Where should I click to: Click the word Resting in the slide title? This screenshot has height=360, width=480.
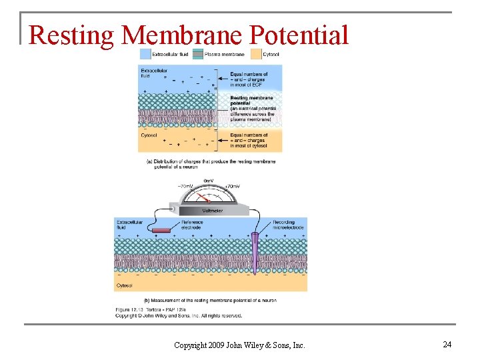point(72,35)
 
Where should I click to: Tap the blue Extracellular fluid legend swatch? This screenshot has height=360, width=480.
point(144,53)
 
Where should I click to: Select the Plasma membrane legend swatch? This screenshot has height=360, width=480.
point(199,53)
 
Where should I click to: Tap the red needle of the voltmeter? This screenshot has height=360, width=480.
point(207,198)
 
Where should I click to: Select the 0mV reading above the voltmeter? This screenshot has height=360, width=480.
point(208,181)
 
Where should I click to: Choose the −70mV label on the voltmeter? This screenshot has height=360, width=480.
point(185,187)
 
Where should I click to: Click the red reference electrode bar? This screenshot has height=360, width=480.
point(161,230)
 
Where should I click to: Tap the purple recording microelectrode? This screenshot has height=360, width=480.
point(255,253)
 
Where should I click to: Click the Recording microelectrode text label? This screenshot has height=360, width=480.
point(288,225)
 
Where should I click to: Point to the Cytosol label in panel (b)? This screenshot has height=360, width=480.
point(125,285)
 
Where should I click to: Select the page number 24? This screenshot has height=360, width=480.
point(447,344)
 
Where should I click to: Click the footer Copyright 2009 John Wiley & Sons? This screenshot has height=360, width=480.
point(239,345)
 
